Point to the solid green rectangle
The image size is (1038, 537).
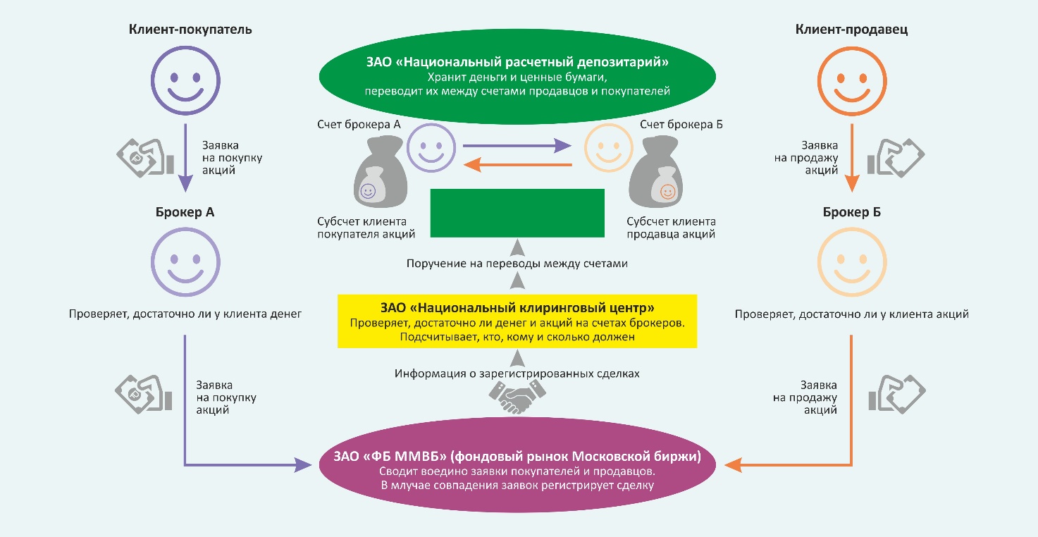click(517, 213)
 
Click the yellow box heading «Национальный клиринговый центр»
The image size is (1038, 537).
click(517, 308)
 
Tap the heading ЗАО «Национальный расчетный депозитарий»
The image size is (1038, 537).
click(517, 62)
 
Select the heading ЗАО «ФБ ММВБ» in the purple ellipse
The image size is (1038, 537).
click(517, 457)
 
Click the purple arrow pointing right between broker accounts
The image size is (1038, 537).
click(517, 146)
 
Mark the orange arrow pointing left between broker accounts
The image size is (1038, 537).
click(517, 165)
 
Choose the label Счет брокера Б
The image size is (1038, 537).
click(681, 125)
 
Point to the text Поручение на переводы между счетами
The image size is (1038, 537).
click(517, 264)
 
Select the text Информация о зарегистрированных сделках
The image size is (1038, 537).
click(517, 374)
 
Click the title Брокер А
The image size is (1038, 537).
click(185, 211)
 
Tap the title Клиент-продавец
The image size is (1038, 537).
click(851, 30)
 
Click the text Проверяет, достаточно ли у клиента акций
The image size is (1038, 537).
click(851, 314)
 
